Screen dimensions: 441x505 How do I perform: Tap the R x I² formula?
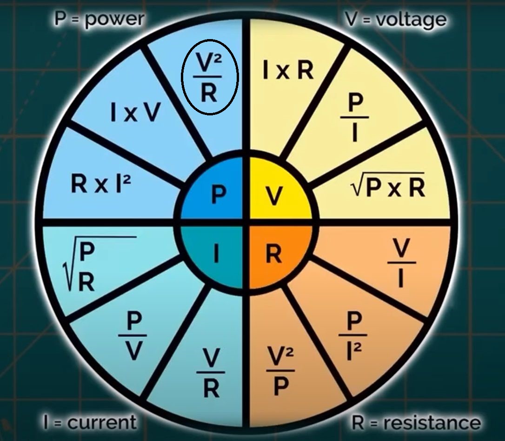click(x=100, y=184)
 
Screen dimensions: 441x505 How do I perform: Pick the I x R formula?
click(x=288, y=71)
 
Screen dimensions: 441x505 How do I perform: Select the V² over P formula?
click(x=280, y=370)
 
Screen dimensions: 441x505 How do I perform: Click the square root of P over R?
click(x=82, y=267)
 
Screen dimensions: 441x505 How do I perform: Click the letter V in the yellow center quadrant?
click(x=275, y=196)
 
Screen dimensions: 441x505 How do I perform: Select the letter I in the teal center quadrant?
click(x=216, y=254)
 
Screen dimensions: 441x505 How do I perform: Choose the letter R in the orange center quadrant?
click(x=273, y=254)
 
